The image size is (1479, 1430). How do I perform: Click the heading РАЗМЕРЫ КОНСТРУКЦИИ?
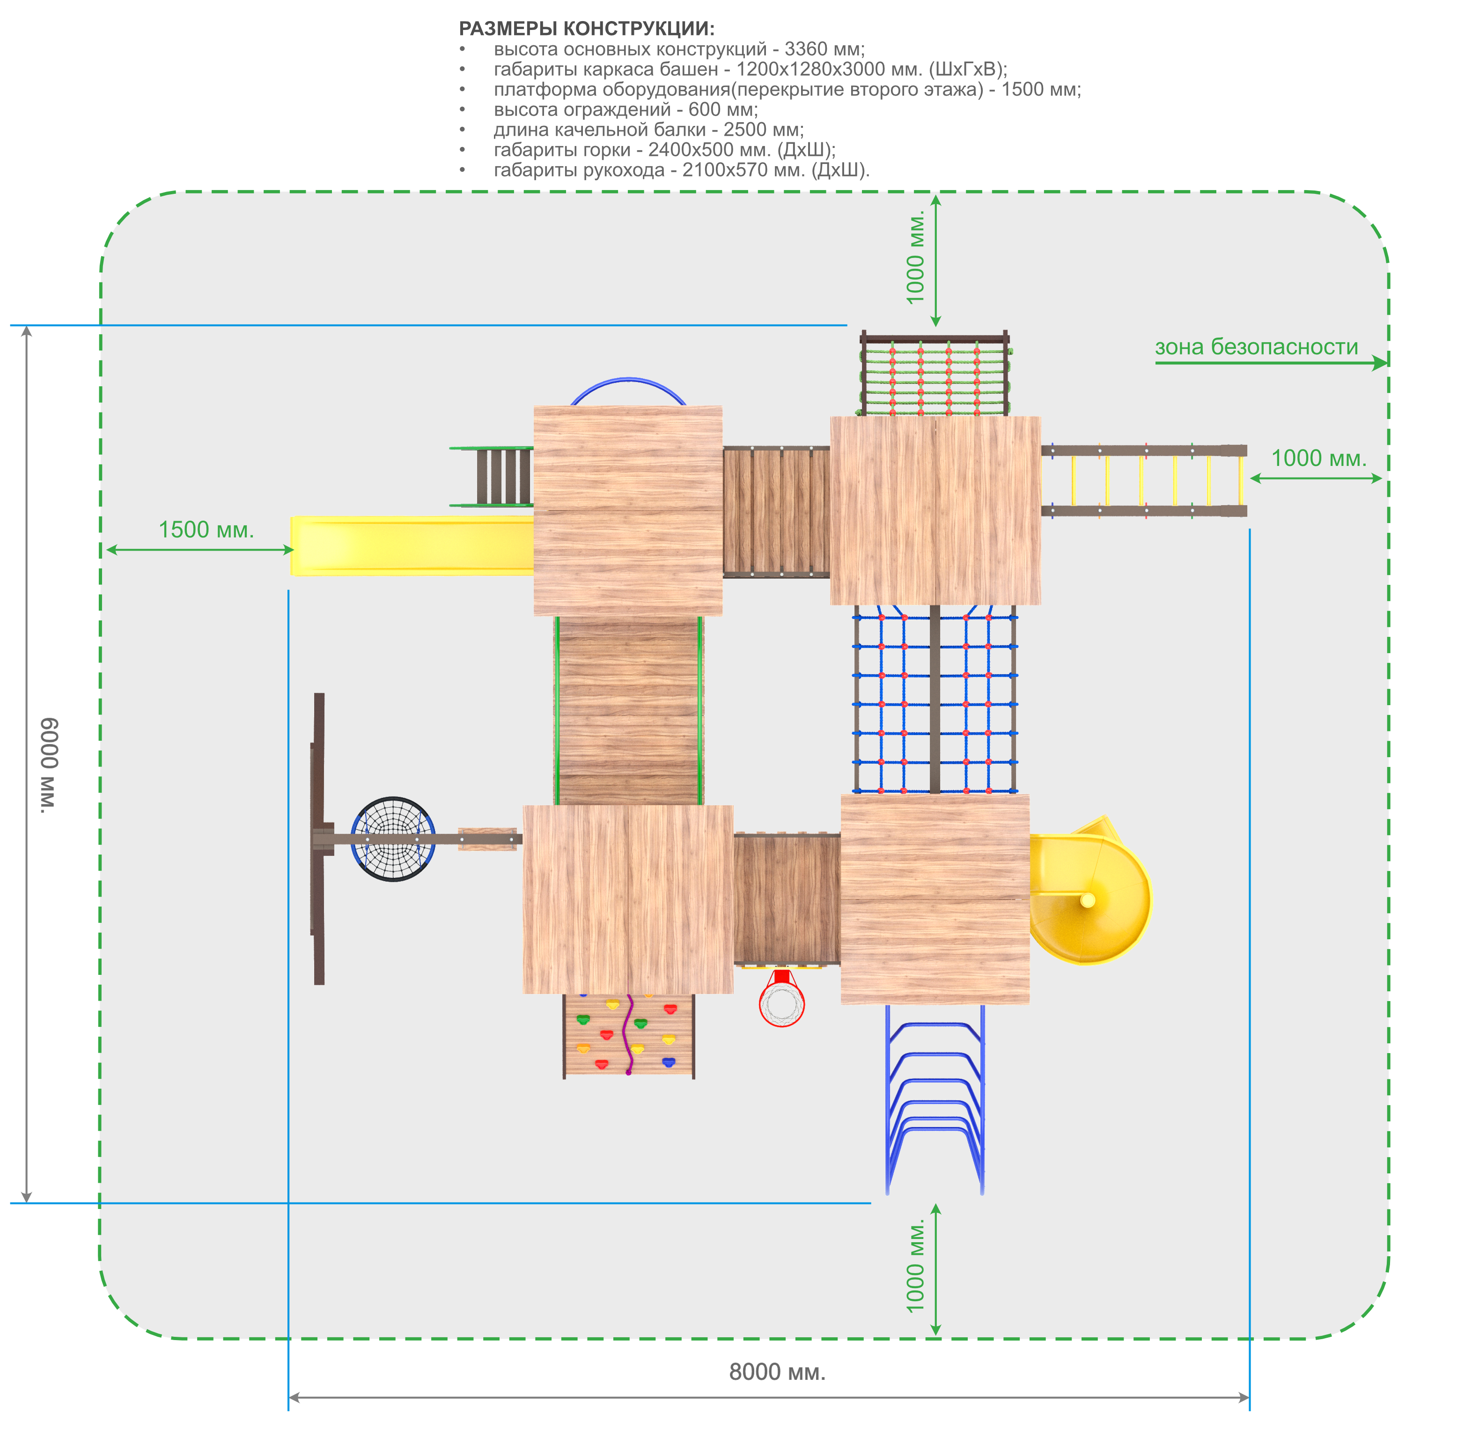(x=586, y=29)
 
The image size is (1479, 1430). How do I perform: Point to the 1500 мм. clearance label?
(x=206, y=530)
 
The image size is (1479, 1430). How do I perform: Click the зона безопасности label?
(x=1257, y=347)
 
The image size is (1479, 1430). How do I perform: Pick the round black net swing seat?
(x=393, y=839)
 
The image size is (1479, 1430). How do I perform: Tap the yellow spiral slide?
(x=1090, y=891)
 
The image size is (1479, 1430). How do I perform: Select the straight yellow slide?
(x=412, y=545)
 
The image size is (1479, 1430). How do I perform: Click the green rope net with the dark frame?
(x=935, y=374)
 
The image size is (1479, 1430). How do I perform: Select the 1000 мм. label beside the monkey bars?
(x=1319, y=458)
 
